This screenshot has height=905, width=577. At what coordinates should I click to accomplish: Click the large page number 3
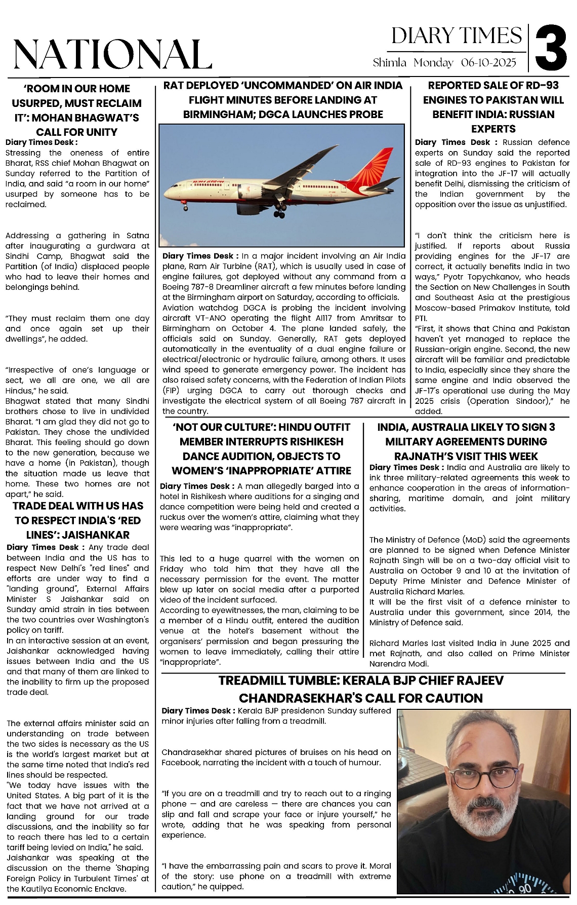pos(551,50)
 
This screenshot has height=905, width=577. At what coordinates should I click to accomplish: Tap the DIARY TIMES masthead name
pos(457,35)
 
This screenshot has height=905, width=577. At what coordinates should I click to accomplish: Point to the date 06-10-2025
pos(488,63)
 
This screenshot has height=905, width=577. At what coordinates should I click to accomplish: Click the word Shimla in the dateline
pos(390,63)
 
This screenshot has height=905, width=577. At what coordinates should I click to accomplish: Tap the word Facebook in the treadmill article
pos(180,763)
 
